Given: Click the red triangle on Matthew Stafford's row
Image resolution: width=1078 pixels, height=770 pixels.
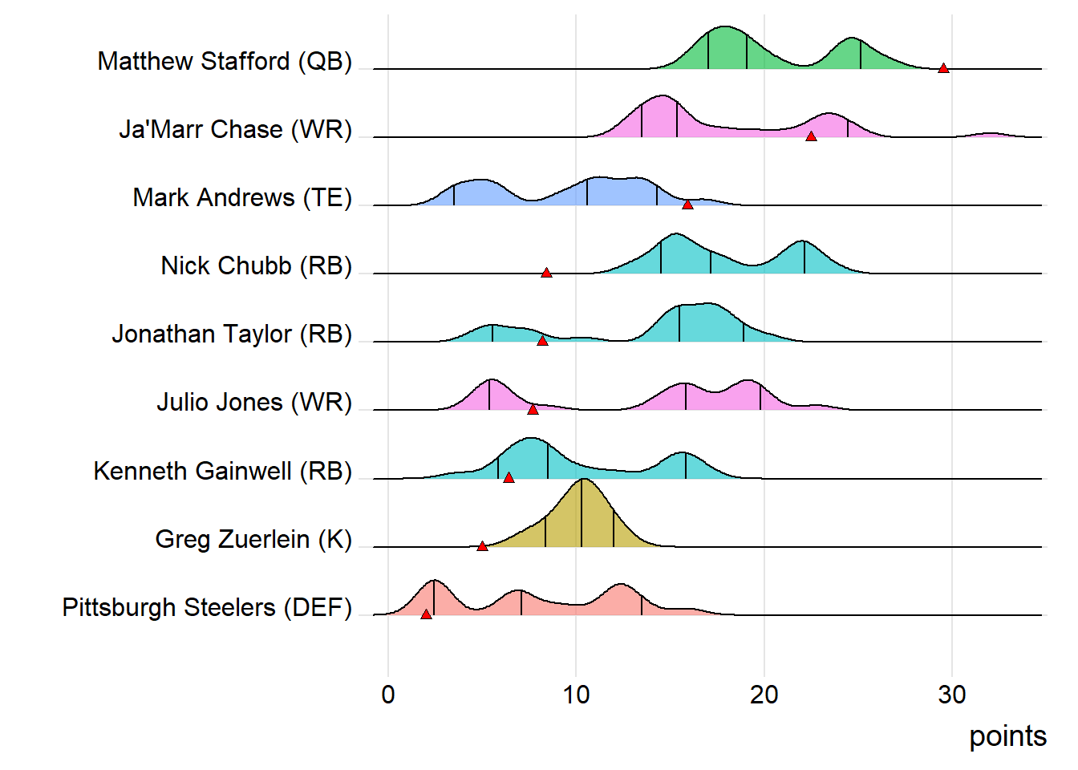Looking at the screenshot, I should pos(943,68).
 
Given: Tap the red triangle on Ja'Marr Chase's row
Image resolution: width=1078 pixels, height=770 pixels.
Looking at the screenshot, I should pos(811,136).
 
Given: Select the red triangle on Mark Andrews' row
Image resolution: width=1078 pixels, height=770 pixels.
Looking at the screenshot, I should pos(687,205).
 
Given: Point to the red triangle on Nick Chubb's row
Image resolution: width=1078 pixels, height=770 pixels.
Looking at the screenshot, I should pos(546,273).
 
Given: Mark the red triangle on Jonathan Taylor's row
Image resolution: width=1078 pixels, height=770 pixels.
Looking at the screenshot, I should pos(542,341).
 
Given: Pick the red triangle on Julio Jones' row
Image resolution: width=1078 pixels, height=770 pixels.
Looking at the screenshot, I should pos(533,410).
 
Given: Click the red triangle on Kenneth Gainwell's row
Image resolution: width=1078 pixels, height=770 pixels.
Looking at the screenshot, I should pos(509,477).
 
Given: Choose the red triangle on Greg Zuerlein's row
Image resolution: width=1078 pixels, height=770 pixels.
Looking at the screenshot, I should pos(482,546).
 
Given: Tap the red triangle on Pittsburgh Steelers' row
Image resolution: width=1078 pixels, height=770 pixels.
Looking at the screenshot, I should pos(426,614).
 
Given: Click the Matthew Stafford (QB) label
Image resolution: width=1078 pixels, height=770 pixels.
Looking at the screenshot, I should pos(225,62).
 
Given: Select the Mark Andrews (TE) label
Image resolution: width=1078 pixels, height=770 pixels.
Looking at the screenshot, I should pos(242,198).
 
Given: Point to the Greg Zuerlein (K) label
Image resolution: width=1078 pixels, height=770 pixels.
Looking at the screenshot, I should pos(253,539).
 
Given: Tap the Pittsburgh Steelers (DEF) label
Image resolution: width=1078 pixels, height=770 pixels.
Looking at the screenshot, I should pos(207,607).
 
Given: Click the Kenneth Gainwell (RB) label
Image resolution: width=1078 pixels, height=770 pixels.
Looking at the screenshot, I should pos(222,471).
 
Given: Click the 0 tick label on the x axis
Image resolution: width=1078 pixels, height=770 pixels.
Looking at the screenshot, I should pos(388,695).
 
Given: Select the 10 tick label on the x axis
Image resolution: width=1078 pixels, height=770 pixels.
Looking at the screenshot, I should pos(576,695).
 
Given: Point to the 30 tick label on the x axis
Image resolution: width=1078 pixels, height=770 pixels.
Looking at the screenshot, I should pos(952,695).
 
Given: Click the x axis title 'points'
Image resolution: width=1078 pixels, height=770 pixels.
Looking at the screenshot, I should pos(1007,736).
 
